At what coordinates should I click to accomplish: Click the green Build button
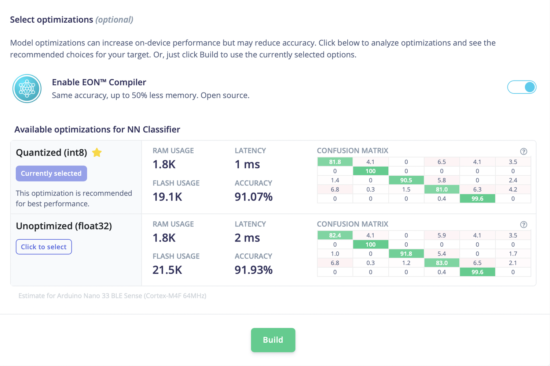pyautogui.click(x=273, y=340)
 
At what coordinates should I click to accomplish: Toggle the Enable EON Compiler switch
pyautogui.click(x=521, y=87)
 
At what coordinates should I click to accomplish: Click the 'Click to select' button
pyautogui.click(x=44, y=247)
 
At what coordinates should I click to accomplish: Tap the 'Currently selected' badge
pyautogui.click(x=51, y=173)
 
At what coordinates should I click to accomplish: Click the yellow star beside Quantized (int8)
pyautogui.click(x=97, y=152)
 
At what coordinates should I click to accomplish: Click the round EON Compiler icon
pyautogui.click(x=27, y=89)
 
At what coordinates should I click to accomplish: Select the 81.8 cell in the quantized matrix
pyautogui.click(x=335, y=162)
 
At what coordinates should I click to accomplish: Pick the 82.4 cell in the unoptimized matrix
pyautogui.click(x=335, y=235)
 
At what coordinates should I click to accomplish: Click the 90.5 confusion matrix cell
pyautogui.click(x=406, y=180)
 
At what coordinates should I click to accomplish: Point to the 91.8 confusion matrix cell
pyautogui.click(x=406, y=254)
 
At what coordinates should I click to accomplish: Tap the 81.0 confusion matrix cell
pyautogui.click(x=441, y=189)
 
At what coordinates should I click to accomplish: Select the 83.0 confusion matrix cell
pyautogui.click(x=441, y=263)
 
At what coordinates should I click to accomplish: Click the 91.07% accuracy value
pyautogui.click(x=253, y=197)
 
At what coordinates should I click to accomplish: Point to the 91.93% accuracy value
pyautogui.click(x=253, y=270)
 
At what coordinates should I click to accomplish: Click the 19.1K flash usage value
pyautogui.click(x=167, y=197)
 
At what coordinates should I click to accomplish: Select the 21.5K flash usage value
pyautogui.click(x=167, y=270)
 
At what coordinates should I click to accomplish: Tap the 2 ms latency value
pyautogui.click(x=247, y=238)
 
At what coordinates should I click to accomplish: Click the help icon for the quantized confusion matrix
pyautogui.click(x=524, y=151)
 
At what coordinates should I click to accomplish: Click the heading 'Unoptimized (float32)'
pyautogui.click(x=64, y=226)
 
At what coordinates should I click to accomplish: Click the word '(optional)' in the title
pyautogui.click(x=114, y=20)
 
